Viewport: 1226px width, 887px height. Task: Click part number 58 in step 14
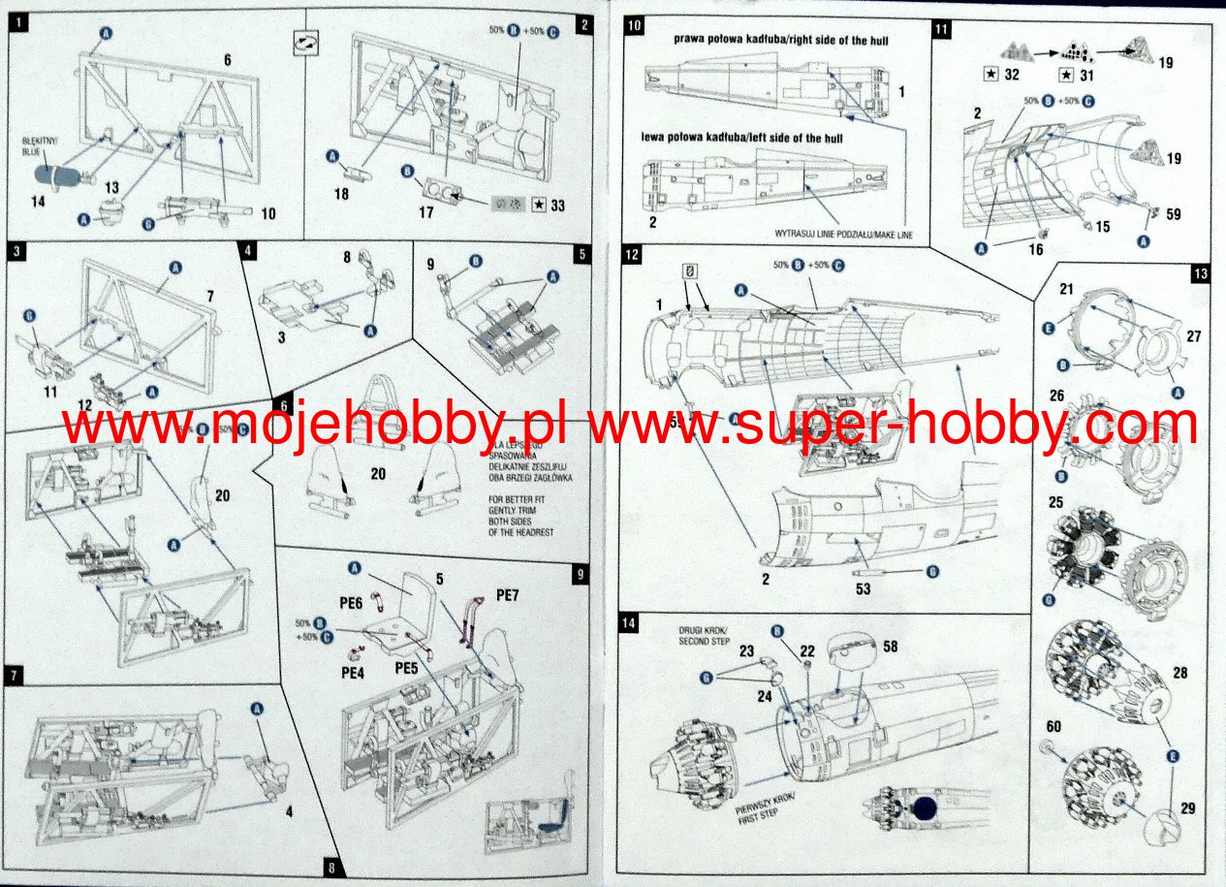tap(889, 647)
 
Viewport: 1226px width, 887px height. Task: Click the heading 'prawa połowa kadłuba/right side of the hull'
tap(781, 40)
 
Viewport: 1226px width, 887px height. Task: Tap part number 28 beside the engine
tap(1180, 673)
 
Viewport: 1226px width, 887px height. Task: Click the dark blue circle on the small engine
tap(927, 808)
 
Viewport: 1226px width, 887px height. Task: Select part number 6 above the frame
tap(227, 60)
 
